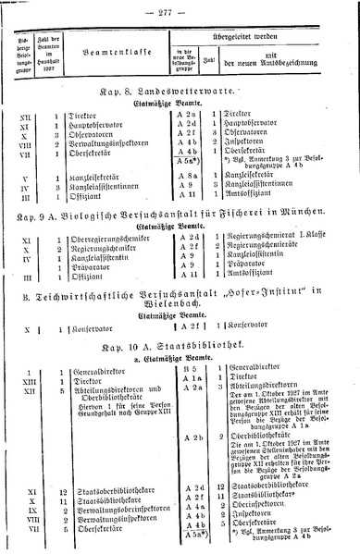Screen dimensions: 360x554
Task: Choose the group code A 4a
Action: tap(194, 508)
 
